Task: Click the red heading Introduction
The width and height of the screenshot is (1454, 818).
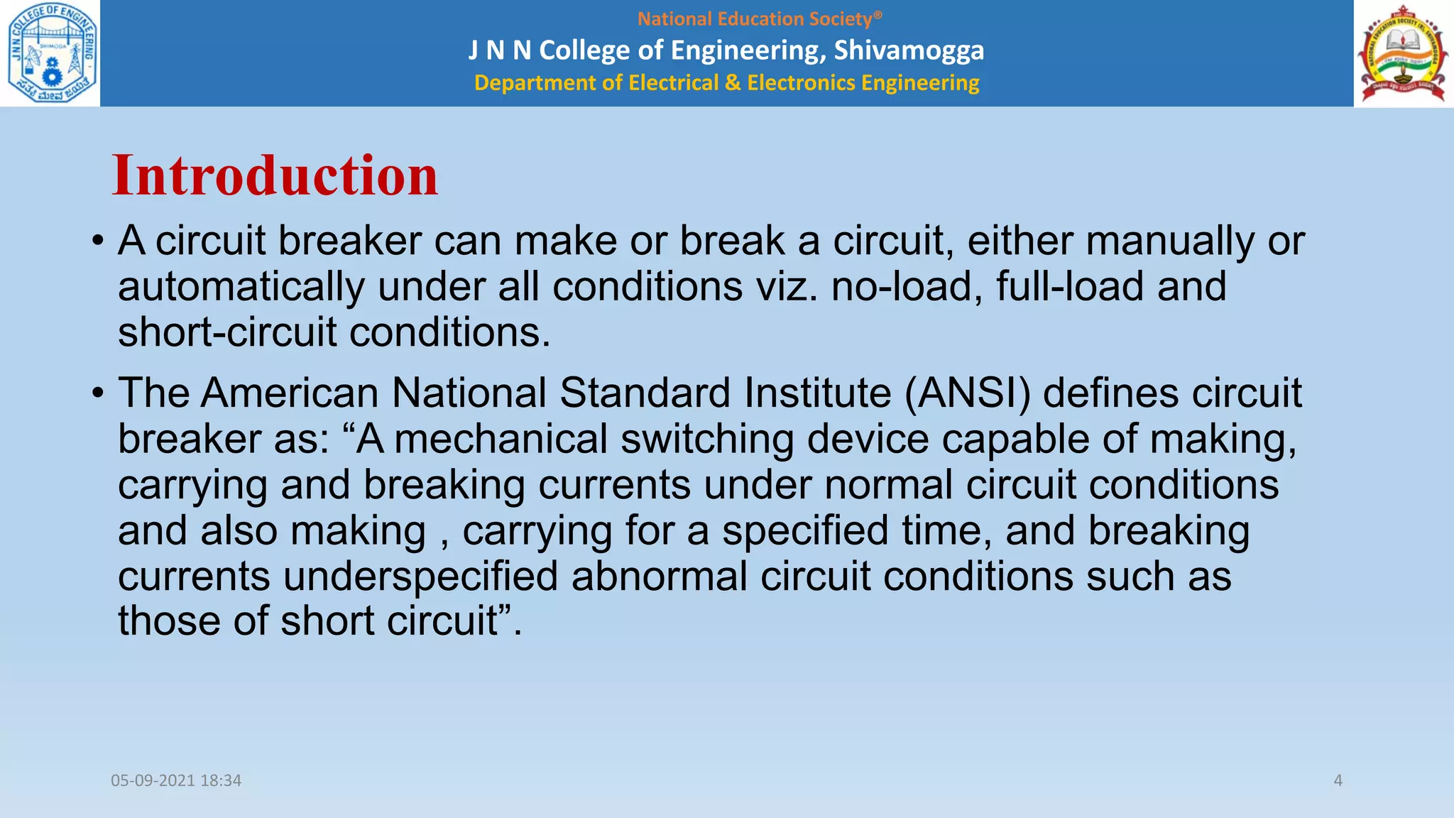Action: pyautogui.click(x=275, y=176)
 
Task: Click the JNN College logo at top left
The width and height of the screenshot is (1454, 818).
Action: pyautogui.click(x=50, y=53)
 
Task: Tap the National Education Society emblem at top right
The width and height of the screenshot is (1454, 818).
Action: pyautogui.click(x=1403, y=54)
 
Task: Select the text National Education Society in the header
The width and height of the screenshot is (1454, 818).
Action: pyautogui.click(x=754, y=19)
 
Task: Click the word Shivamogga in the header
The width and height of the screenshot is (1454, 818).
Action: pyautogui.click(x=909, y=50)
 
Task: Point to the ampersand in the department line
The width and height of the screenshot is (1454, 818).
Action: pyautogui.click(x=732, y=83)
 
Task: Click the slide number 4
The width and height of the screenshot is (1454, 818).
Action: pyautogui.click(x=1338, y=780)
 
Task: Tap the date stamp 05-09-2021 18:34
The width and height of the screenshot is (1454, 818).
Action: pyautogui.click(x=176, y=780)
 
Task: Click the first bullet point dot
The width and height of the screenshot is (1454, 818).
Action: pyautogui.click(x=98, y=241)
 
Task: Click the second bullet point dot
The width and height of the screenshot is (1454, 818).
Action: pyautogui.click(x=98, y=394)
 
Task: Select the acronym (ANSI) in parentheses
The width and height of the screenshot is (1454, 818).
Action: pyautogui.click(x=967, y=393)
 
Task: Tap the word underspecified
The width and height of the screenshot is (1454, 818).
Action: pyautogui.click(x=420, y=576)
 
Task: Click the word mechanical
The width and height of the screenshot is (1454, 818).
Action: pyautogui.click(x=501, y=440)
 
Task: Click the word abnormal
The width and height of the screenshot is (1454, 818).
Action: pyautogui.click(x=659, y=576)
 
